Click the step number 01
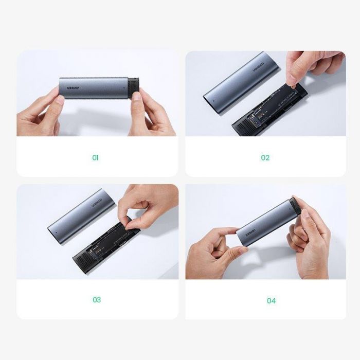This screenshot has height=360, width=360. (x=95, y=158)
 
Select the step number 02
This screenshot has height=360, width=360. (x=265, y=158)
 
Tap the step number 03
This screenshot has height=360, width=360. (x=96, y=300)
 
